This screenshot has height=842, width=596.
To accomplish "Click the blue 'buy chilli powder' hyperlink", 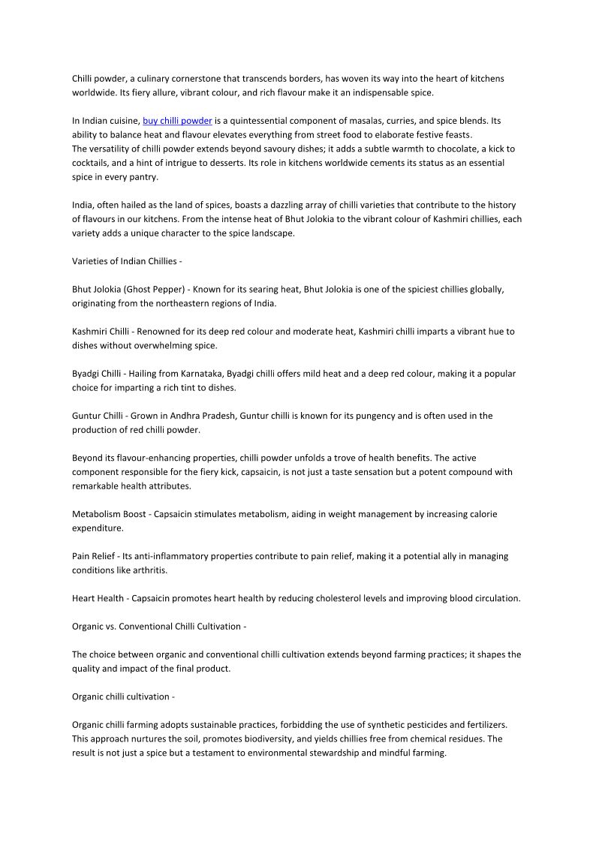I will point(177,121).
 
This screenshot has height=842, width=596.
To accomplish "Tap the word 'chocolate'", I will point(432,149).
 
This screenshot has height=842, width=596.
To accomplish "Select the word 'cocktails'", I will point(91,163).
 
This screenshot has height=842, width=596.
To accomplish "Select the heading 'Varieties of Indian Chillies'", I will point(125,261).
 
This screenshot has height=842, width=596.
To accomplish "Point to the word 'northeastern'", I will point(161,303).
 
